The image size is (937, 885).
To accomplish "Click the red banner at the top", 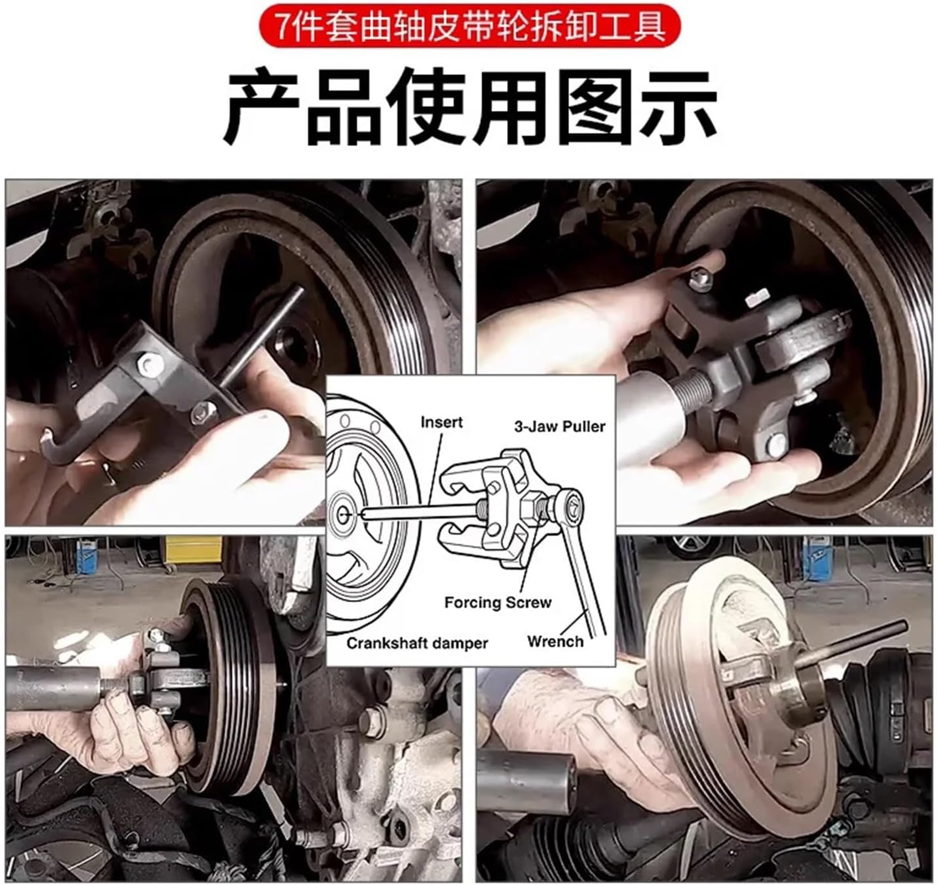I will (x=468, y=27).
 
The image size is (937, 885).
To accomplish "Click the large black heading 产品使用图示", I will (x=468, y=108).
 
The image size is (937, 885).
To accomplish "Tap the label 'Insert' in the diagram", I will (x=441, y=423).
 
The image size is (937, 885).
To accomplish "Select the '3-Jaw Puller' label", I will (x=559, y=427).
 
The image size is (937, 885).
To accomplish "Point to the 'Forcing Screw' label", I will (x=497, y=602).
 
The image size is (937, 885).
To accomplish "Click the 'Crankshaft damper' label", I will (x=417, y=643).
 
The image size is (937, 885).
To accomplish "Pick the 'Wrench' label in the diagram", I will (x=555, y=641).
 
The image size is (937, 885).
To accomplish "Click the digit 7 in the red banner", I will (x=282, y=27).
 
